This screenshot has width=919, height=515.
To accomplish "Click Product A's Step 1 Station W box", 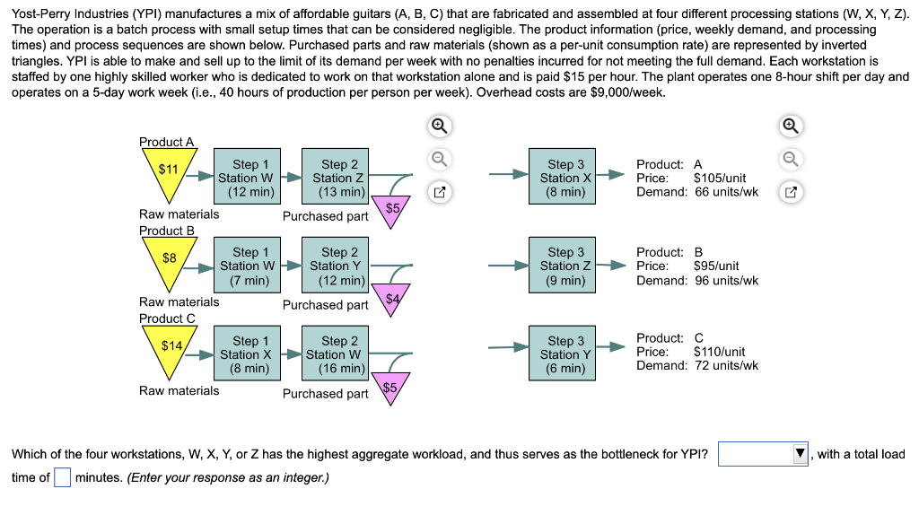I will click(x=245, y=178).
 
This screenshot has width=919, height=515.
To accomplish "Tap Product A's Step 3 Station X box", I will click(x=565, y=178).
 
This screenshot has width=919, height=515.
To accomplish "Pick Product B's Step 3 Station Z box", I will click(x=565, y=266).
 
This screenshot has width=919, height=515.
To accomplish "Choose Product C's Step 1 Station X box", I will click(x=245, y=354).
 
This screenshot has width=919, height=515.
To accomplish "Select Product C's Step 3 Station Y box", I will click(x=565, y=354).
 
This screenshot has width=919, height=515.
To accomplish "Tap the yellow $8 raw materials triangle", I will click(x=168, y=261).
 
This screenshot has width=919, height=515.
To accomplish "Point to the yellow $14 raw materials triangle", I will click(x=170, y=350).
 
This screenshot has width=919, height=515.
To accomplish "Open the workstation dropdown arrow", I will click(x=800, y=454).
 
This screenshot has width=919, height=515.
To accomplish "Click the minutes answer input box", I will click(x=62, y=476).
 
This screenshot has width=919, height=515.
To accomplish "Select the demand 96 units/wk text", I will click(x=726, y=280).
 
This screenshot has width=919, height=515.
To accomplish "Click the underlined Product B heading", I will click(x=167, y=231).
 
